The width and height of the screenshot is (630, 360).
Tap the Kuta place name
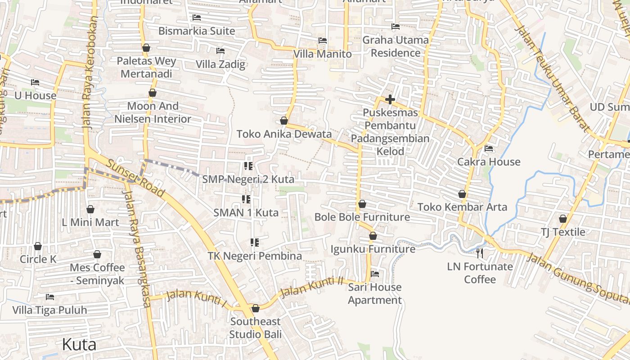79,345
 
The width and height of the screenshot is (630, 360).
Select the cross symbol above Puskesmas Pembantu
390,99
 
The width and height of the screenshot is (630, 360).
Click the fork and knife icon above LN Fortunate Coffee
480,253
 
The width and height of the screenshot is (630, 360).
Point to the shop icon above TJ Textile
563,219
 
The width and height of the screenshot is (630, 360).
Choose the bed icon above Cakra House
489,148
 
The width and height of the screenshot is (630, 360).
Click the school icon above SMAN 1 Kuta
246,199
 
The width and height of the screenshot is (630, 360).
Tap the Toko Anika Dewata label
284,134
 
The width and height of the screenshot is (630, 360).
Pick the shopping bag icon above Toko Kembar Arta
462,194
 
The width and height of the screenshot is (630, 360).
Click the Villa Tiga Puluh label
49,310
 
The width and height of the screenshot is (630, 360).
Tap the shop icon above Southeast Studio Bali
256,308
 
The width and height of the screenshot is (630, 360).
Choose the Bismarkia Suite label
197,31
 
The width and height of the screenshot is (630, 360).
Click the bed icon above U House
35,82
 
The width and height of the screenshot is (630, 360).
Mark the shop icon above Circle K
38,246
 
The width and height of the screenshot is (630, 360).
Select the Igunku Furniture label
373,249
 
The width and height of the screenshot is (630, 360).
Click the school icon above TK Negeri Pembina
255,243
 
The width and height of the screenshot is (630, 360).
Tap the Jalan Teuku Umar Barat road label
552,79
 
